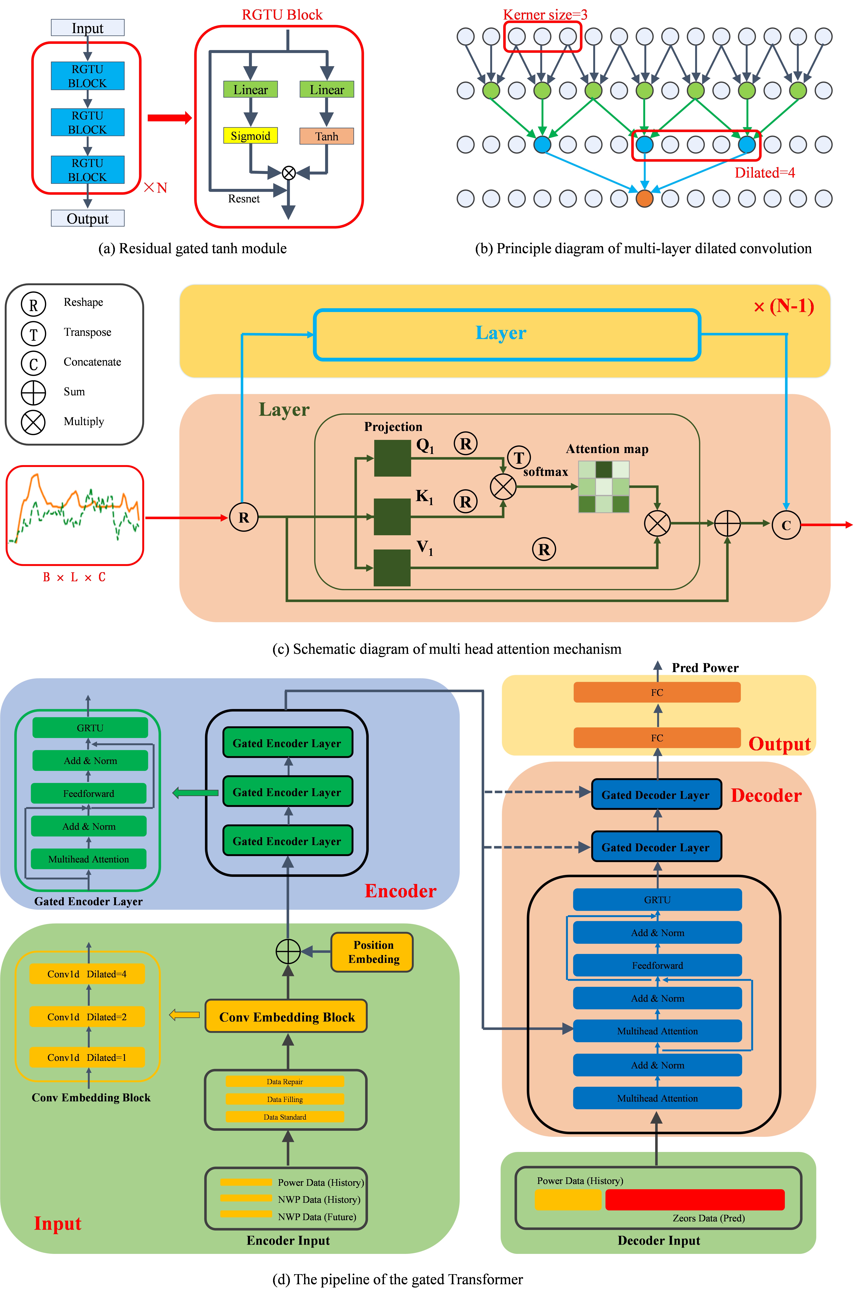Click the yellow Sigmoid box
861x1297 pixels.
250,136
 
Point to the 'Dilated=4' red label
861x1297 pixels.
764,173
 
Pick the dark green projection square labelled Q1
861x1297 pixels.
392,458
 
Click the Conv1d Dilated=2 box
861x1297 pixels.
87,1017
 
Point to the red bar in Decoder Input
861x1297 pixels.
695,1200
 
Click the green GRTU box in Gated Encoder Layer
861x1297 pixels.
90,728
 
